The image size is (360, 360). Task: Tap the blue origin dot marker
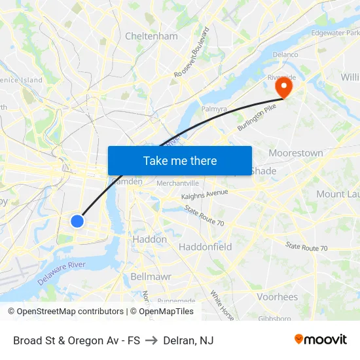(77, 221)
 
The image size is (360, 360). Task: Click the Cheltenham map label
(151, 36)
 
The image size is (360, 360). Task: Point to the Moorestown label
(296, 153)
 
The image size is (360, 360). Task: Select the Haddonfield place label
(206, 247)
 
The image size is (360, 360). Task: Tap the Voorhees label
(278, 297)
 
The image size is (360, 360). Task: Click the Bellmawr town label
(151, 276)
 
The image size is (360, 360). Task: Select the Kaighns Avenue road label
(205, 194)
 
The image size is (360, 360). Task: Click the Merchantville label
(177, 183)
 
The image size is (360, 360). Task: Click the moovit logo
(321, 339)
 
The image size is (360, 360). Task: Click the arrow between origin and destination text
(151, 340)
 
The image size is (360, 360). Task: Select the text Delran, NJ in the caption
(189, 340)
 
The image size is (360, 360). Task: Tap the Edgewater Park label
(335, 33)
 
